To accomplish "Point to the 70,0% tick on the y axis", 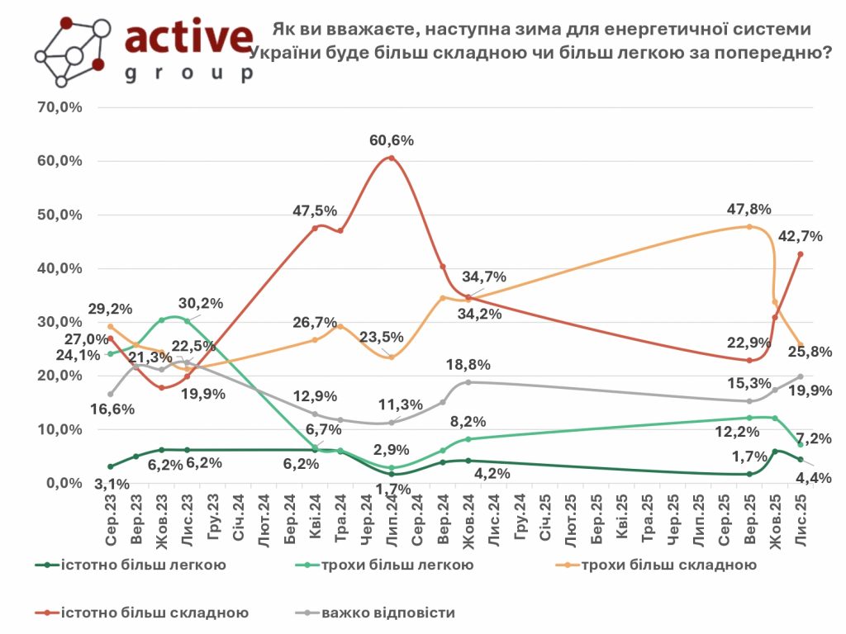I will (x=60, y=107).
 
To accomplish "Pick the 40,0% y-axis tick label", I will (x=60, y=268).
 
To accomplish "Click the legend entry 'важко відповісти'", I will (x=388, y=613).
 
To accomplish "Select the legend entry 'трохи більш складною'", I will (x=669, y=565).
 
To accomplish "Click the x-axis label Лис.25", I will (x=800, y=522).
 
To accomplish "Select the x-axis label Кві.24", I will (x=315, y=522).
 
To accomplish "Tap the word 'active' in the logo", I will (x=188, y=37).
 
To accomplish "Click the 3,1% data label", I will (x=111, y=485).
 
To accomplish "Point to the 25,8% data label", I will (x=811, y=352).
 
